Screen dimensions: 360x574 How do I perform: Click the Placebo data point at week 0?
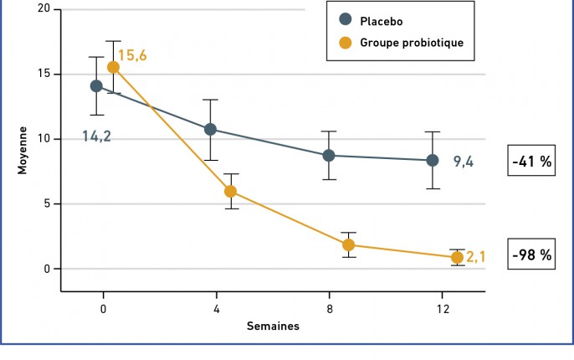pos(96,86)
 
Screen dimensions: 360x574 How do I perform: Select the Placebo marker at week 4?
pos(210,130)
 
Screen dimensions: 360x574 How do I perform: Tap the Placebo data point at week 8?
pos(329,156)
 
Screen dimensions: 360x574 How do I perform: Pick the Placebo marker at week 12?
pos(433,160)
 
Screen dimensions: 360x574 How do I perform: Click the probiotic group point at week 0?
pos(113,67)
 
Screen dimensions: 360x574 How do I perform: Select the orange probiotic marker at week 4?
pos(231,191)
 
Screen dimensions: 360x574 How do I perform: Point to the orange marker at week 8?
pos(349,245)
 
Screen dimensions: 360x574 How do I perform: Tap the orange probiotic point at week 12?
pos(457,257)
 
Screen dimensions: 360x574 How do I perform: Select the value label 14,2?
pos(97,135)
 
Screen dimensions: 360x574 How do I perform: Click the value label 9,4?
pos(464,162)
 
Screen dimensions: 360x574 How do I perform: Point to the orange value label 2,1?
pos(476,258)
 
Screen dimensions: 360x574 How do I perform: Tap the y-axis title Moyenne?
pos(23,150)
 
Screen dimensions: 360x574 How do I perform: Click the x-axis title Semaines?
pos(273,327)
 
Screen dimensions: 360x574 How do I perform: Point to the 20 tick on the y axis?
pos(44,9)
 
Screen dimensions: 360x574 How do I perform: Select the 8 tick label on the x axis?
pos(330,309)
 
